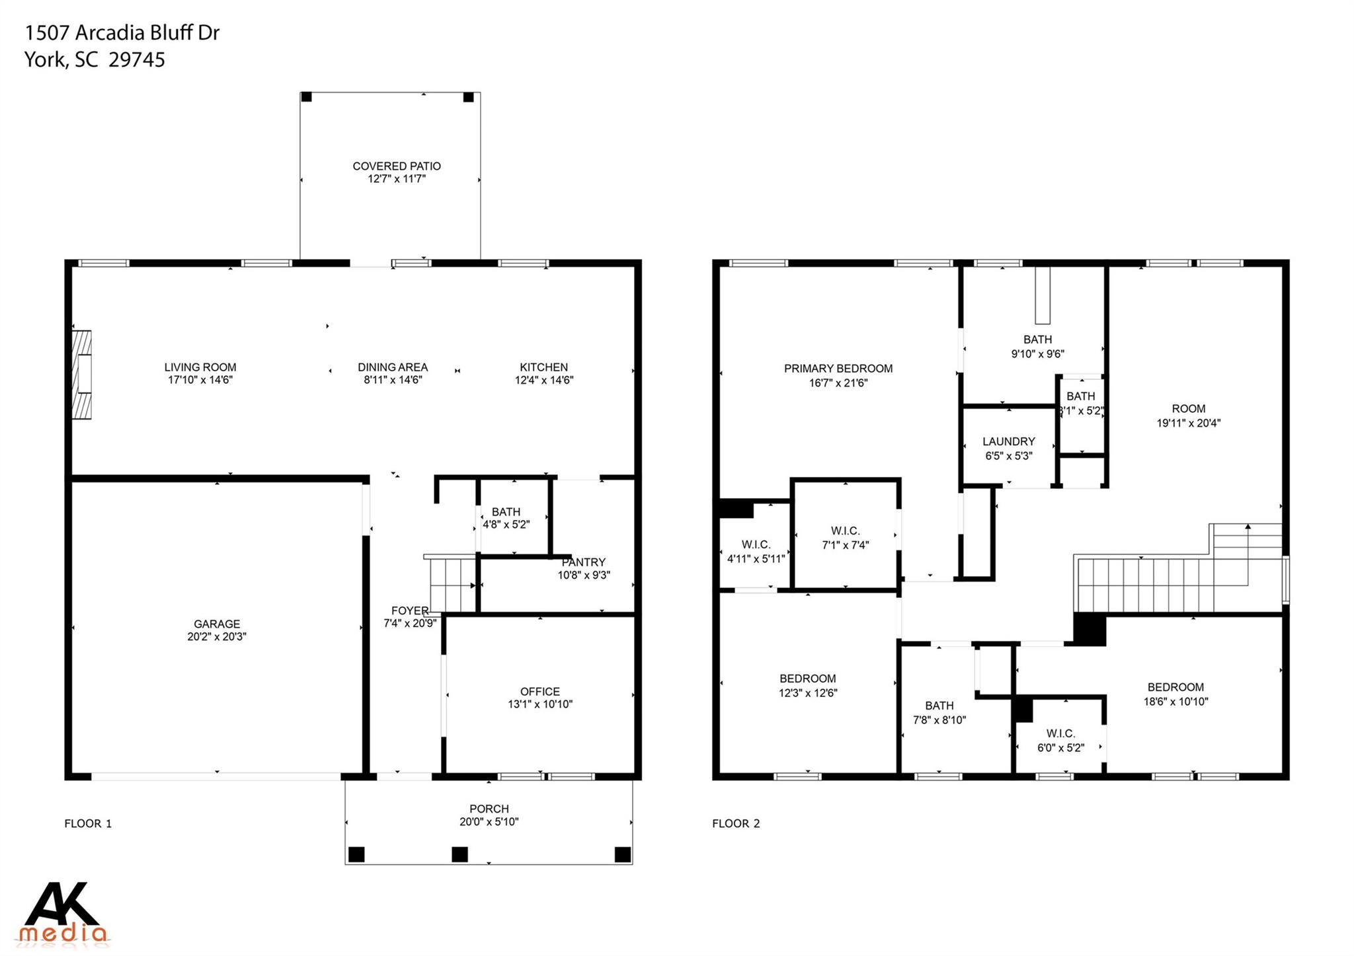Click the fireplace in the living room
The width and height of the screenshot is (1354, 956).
click(82, 375)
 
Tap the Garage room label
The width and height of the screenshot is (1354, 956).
click(217, 624)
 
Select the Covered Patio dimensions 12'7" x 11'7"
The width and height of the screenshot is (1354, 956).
click(397, 179)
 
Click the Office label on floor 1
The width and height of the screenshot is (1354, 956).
click(540, 692)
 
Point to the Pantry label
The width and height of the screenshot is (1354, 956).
click(584, 562)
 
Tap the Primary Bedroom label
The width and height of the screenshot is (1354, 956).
click(838, 369)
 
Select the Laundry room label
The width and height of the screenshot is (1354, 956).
click(1008, 441)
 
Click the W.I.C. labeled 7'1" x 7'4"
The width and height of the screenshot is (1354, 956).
click(845, 538)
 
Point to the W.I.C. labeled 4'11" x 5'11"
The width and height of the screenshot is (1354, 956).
click(756, 552)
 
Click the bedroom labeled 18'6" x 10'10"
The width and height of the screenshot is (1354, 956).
click(1175, 694)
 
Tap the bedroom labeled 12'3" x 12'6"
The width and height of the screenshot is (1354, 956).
click(807, 686)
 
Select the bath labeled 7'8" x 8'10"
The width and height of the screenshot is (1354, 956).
click(939, 713)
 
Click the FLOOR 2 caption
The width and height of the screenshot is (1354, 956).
click(736, 823)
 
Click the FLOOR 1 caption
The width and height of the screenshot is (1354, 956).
click(88, 823)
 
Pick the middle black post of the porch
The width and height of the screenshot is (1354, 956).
click(459, 854)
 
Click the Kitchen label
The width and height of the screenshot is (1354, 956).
click(543, 367)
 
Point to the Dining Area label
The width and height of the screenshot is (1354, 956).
click(393, 367)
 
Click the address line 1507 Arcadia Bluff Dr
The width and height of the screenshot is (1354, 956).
click(122, 32)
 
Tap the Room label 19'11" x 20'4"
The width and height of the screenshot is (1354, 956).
click(1188, 409)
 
